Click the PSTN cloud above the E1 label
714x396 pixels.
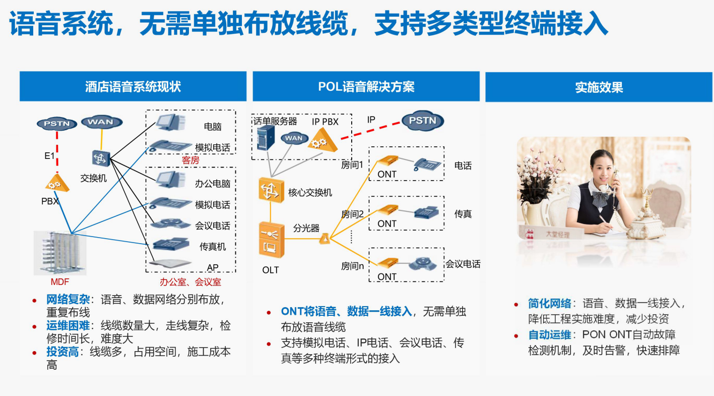click(x=57, y=123)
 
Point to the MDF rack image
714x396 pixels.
click(x=60, y=253)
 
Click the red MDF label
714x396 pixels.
click(x=59, y=281)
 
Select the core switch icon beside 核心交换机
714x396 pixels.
click(x=271, y=190)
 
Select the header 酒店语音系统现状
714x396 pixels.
click(x=133, y=87)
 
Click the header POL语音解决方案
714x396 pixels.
click(x=366, y=87)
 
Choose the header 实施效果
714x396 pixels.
click(x=599, y=87)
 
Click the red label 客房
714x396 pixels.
click(x=190, y=160)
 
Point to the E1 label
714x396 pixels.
click(x=49, y=156)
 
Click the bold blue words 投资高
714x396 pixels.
click(x=62, y=352)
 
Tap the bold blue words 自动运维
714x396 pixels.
click(x=549, y=334)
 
